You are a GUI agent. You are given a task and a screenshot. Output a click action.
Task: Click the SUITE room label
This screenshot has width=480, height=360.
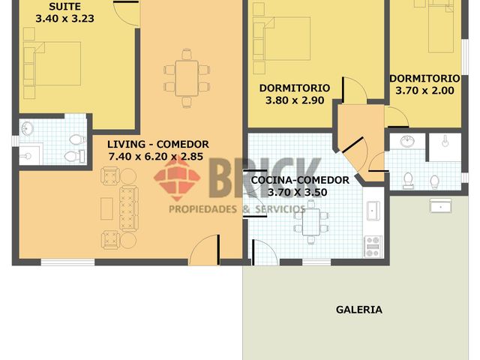(x=65, y=7)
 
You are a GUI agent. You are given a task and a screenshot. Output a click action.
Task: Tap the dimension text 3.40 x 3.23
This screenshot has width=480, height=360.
(x=65, y=18)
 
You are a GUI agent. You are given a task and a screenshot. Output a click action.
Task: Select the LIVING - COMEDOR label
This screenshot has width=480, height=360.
(x=158, y=144)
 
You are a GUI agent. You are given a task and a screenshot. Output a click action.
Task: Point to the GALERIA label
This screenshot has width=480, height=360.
(x=359, y=310)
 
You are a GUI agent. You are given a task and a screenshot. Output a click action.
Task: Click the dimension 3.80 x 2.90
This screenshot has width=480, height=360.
(x=295, y=100)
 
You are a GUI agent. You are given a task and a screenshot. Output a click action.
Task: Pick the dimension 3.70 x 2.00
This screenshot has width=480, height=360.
(x=425, y=91)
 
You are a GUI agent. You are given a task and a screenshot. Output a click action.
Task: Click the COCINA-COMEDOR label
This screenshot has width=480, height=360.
(x=300, y=180)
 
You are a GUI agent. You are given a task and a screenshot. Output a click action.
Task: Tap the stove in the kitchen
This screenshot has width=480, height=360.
(x=373, y=246)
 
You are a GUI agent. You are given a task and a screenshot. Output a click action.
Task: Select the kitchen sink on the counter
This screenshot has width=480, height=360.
(x=373, y=211)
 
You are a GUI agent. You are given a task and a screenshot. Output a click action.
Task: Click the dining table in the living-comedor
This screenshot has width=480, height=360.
(x=187, y=78)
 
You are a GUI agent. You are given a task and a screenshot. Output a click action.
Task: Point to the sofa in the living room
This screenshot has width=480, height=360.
(x=129, y=208)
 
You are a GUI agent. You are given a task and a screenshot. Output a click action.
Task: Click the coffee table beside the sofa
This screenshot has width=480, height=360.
(x=106, y=208)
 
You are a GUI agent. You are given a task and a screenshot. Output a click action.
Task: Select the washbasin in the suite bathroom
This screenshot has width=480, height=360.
(x=28, y=128)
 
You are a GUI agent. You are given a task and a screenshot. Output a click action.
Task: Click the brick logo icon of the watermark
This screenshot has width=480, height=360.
(x=177, y=178)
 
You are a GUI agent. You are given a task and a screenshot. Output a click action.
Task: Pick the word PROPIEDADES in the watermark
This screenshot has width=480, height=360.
(x=203, y=209)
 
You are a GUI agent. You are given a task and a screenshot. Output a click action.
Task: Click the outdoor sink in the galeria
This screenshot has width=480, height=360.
(x=440, y=205)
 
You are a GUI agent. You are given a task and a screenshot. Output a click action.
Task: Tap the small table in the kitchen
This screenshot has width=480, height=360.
(x=311, y=222)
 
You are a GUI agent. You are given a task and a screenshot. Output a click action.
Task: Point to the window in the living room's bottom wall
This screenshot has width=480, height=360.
(x=67, y=262)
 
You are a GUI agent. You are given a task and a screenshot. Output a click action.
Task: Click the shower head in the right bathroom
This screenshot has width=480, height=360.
(x=445, y=141)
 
